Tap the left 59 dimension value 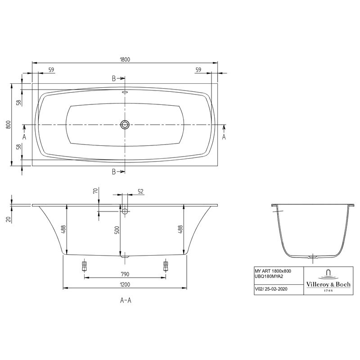51,69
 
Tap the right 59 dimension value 198,69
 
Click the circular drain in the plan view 125,124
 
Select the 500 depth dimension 116,231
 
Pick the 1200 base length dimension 125,284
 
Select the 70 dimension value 95,191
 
